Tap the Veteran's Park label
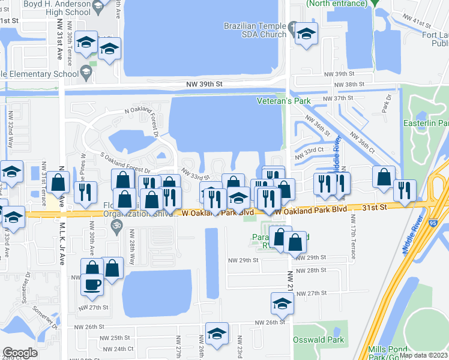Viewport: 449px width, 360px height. [x=284, y=101]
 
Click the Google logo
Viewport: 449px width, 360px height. [x=20, y=353]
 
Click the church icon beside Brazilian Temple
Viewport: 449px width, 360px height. [x=292, y=27]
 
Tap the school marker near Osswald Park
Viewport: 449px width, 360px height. [x=282, y=304]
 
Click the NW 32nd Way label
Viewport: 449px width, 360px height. [x=10, y=134]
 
